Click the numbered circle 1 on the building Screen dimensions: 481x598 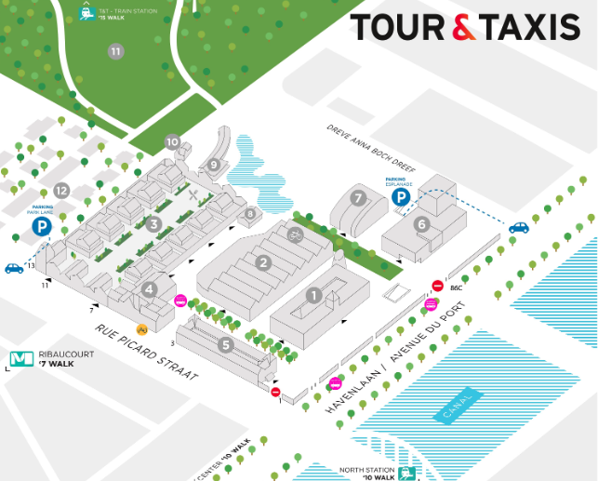[313, 296]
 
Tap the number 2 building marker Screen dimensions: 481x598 [264, 263]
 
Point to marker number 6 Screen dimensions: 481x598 [421, 223]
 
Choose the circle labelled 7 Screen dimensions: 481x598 [358, 198]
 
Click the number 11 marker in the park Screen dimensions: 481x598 [115, 51]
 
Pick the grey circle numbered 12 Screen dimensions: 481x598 [61, 191]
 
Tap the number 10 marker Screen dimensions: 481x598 [172, 142]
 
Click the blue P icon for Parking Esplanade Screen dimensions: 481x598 [401, 197]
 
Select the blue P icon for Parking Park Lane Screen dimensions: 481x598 [41, 226]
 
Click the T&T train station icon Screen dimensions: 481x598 [86, 13]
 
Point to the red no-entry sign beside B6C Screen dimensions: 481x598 [437, 286]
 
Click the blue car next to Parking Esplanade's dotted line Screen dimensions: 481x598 [518, 227]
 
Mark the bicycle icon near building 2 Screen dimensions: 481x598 [296, 235]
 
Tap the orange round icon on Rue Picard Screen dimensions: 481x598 [142, 328]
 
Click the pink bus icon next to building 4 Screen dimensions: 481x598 [180, 301]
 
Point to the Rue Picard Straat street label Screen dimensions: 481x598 [147, 353]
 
